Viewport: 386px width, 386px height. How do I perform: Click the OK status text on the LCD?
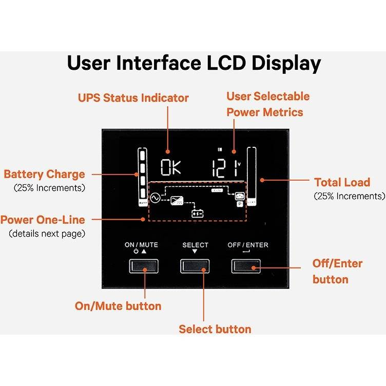(170, 168)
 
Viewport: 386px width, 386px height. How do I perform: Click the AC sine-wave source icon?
(153, 197)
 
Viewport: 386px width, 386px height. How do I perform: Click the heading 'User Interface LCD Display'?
(194, 63)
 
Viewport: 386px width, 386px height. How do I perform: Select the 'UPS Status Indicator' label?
(133, 98)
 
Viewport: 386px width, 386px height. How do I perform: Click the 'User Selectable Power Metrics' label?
(268, 104)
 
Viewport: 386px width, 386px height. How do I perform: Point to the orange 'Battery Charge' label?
(44, 174)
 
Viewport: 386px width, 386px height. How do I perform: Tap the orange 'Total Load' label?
(342, 182)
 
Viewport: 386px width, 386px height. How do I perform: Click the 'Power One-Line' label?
(43, 220)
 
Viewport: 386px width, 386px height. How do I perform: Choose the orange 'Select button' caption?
(215, 329)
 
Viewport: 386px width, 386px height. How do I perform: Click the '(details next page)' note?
(47, 234)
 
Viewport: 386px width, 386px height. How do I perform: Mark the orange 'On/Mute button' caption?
(118, 306)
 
